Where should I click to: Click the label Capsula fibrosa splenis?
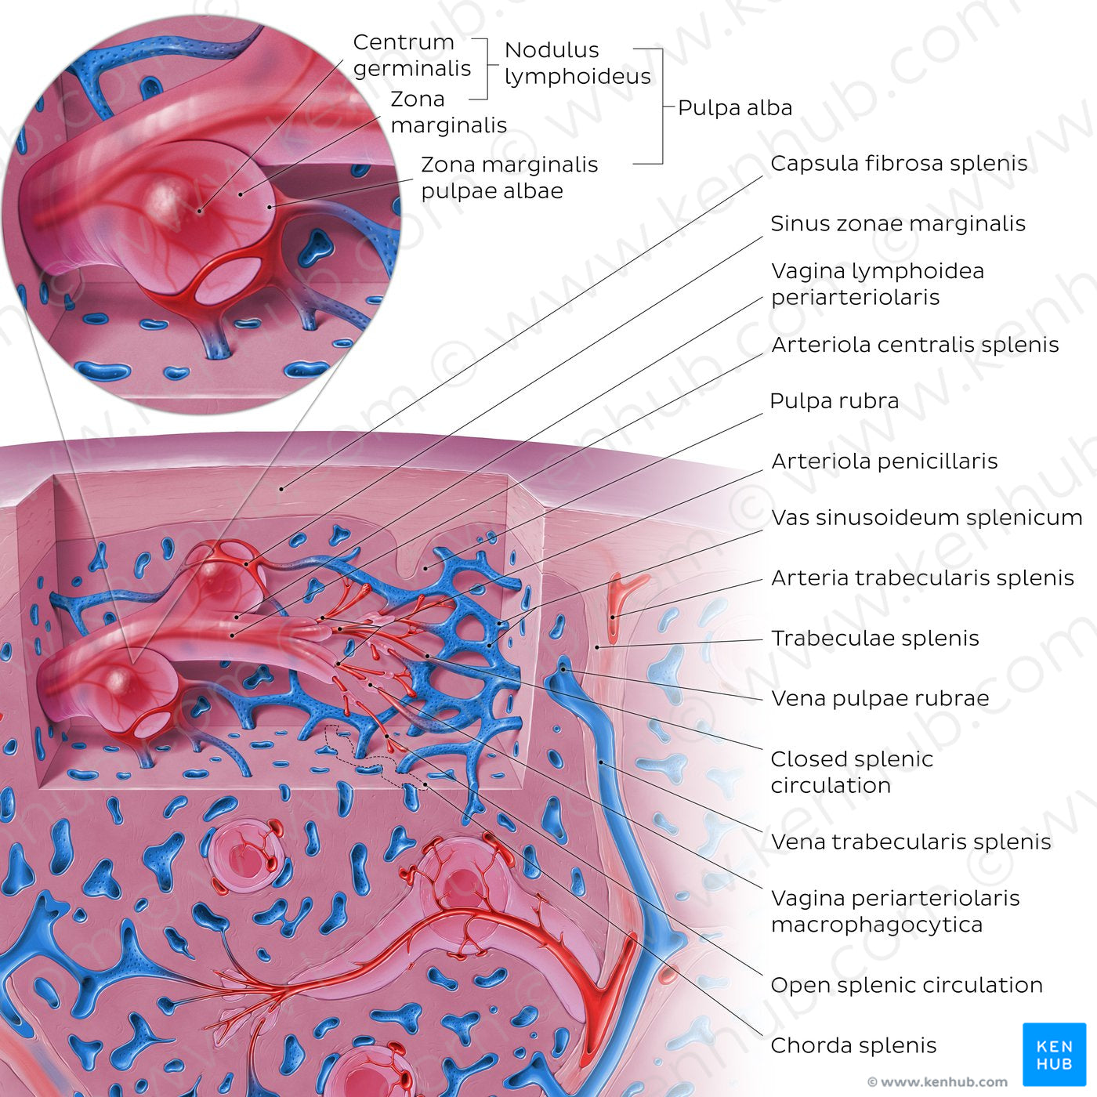tap(898, 163)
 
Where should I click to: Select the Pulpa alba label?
tap(734, 108)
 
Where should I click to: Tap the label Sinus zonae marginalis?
tap(897, 223)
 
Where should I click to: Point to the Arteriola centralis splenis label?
tap(914, 345)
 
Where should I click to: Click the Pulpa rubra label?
tap(834, 401)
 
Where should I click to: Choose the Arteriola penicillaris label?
tap(884, 462)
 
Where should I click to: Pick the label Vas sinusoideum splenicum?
tap(926, 518)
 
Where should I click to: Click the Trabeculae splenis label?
tap(874, 639)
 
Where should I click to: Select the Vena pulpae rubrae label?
tap(879, 698)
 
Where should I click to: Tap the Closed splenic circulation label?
tap(851, 772)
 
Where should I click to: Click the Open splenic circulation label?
tap(906, 985)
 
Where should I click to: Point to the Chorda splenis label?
tap(853, 1045)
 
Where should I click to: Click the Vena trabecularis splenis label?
tap(911, 842)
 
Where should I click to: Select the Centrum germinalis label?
tap(411, 55)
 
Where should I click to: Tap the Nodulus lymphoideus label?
tap(577, 63)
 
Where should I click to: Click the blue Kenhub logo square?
tap(1054, 1054)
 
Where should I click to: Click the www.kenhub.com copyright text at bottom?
tap(937, 1082)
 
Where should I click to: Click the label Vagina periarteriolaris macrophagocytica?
tap(895, 911)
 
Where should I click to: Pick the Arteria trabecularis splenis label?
tap(921, 578)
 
